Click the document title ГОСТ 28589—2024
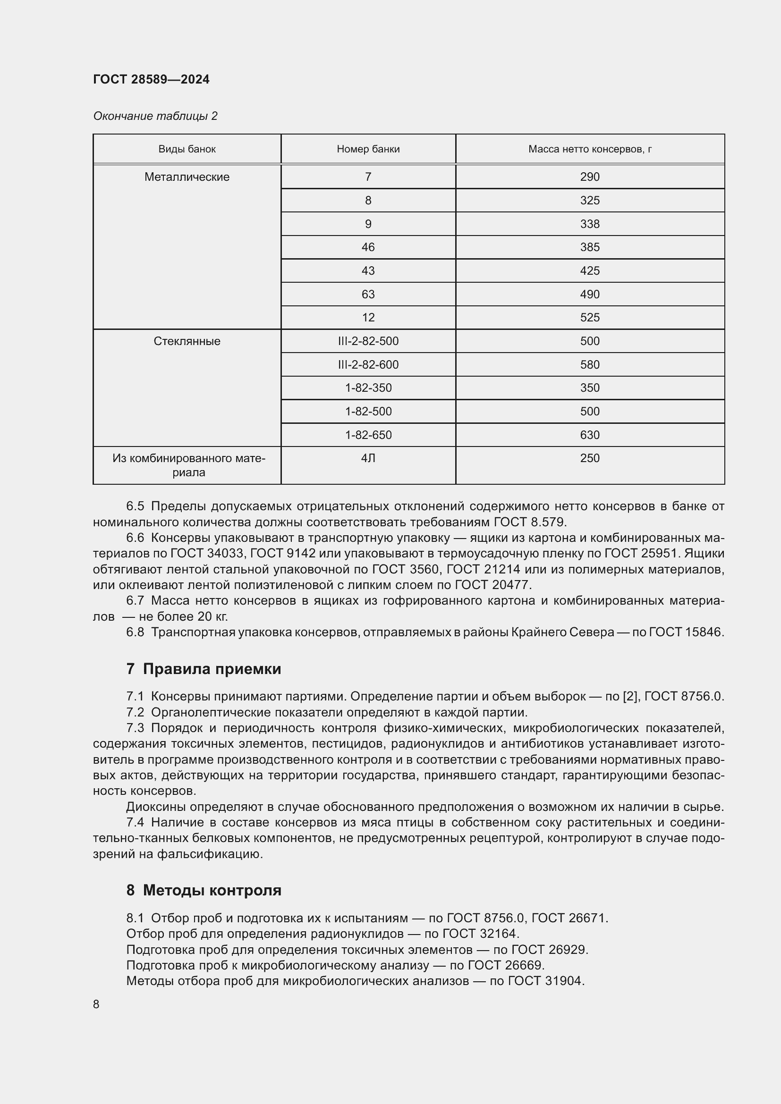pos(151,79)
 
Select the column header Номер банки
pos(368,149)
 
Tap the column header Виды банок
pos(187,149)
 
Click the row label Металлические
pos(187,177)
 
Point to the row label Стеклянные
pos(187,341)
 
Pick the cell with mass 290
pos(590,177)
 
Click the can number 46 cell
pos(368,247)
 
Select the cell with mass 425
pos(590,271)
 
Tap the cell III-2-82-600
pos(368,364)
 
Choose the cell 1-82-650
pos(368,435)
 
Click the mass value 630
pos(590,435)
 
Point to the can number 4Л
pos(368,458)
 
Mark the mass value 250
pos(590,458)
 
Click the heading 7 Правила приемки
pos(204,669)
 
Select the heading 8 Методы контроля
pos(204,890)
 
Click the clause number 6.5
pos(135,506)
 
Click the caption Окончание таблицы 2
pos(155,116)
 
